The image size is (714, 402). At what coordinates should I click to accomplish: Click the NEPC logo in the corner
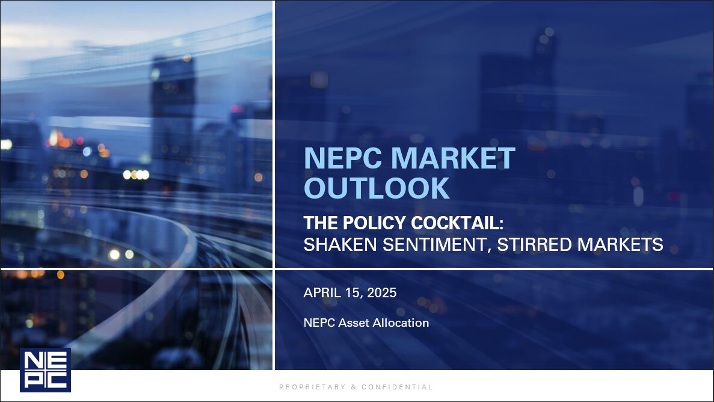[45, 370]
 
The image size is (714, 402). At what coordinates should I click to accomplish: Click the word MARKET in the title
[452, 158]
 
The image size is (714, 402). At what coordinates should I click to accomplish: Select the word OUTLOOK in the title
[377, 188]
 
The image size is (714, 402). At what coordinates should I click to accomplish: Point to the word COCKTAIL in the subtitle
[457, 223]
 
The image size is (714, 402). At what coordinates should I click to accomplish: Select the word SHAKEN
[340, 245]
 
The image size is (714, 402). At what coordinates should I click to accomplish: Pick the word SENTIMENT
[437, 245]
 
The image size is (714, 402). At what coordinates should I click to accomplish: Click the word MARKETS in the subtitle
[620, 245]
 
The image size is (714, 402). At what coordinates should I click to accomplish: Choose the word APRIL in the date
[322, 292]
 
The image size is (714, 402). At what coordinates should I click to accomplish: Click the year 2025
[381, 292]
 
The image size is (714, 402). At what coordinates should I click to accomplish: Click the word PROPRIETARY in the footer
[312, 387]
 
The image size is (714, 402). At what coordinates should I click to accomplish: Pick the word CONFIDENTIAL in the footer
[396, 387]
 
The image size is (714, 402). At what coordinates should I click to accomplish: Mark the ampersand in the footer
[354, 387]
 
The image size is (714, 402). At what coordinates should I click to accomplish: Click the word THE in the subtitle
[321, 223]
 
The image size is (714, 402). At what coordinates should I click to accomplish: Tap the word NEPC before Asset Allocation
[319, 323]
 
